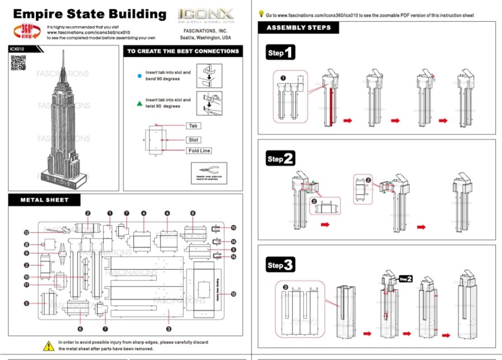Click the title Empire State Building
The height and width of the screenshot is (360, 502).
coord(89,14)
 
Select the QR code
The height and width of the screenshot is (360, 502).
coord(19,63)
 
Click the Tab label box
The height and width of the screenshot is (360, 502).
coord(193,126)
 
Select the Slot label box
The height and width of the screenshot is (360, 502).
coord(194,139)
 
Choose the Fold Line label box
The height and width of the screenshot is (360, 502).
coord(199,150)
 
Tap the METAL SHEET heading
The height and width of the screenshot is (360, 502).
coord(45,200)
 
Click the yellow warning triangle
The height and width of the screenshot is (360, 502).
coord(49,345)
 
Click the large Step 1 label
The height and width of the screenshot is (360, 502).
coord(280,53)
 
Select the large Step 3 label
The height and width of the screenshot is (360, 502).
coord(280,265)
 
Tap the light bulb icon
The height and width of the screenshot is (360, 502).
coord(261,14)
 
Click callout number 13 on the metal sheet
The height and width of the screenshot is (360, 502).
coord(233,294)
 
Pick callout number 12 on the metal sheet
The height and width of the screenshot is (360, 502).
coord(26,232)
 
